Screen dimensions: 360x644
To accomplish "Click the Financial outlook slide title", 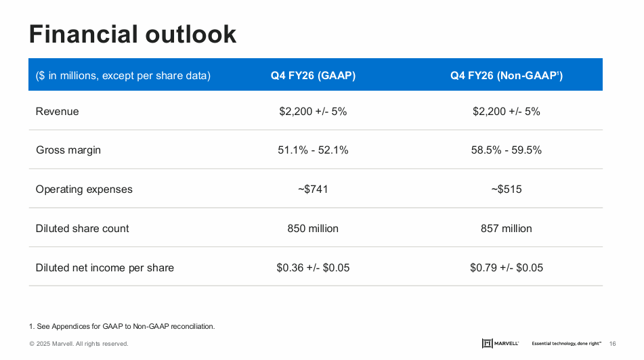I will click(x=133, y=34).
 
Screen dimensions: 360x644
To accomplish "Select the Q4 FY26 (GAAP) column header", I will click(x=313, y=76).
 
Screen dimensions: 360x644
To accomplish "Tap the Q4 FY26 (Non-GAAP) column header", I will click(x=506, y=76).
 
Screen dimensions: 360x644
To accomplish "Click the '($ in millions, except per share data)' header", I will click(x=123, y=76).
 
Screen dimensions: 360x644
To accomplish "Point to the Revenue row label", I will click(x=58, y=112).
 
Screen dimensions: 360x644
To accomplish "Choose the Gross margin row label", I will click(x=68, y=150).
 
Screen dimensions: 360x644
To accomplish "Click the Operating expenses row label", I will click(x=84, y=189).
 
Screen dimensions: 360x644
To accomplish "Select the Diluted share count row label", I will click(x=83, y=229).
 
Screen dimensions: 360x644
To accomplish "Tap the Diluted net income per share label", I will click(x=105, y=268).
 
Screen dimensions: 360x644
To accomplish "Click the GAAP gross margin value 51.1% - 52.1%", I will click(x=313, y=150).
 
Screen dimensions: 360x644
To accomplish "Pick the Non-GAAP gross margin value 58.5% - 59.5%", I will click(x=507, y=150).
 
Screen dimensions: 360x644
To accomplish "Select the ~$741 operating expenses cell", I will click(x=313, y=189).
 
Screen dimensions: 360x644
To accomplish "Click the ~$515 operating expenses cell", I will click(x=507, y=189).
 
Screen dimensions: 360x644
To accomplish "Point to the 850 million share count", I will click(x=313, y=229).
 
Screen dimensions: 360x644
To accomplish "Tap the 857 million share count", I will click(x=507, y=229).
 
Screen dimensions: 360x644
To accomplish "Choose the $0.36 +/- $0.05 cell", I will click(x=313, y=268).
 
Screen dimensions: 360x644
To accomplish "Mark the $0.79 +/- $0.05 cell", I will click(x=507, y=268).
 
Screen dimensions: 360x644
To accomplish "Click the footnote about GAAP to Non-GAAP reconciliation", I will click(x=122, y=327).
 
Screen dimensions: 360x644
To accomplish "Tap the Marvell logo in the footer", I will click(x=500, y=344).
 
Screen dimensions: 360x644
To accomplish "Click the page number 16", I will click(x=613, y=344).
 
